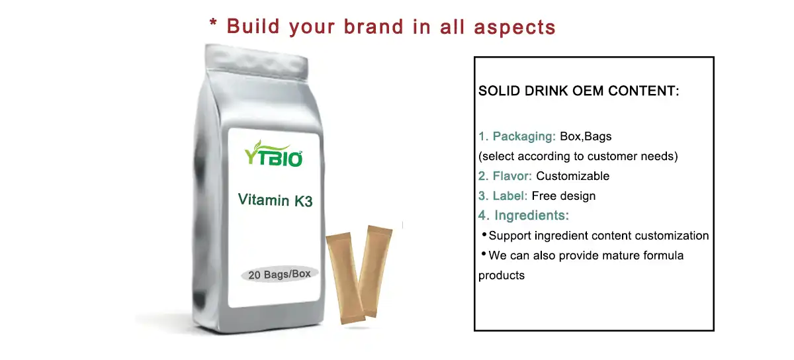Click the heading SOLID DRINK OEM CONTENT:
point(579,91)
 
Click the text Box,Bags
point(586,137)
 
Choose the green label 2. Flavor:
point(506,176)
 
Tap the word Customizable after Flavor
point(573,176)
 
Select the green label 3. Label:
point(503,196)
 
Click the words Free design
point(564,196)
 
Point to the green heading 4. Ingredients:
point(523,215)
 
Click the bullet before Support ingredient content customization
point(484,235)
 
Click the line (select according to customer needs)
point(578,157)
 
